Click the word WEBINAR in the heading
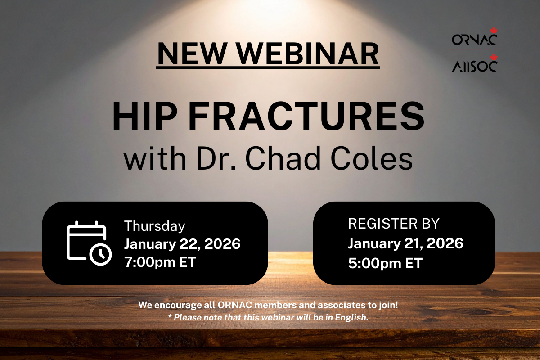coord(308,54)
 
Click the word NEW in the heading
coord(192,54)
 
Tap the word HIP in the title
coord(145,116)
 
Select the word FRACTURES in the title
coord(306,116)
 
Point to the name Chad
coord(283,158)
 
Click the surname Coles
coord(372,158)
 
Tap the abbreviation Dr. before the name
coord(216,158)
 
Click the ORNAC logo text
coord(474,40)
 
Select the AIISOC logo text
coord(474,66)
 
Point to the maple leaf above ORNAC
coord(494,31)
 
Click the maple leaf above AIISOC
coord(494,57)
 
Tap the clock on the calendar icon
coord(100,254)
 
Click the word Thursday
coord(154,226)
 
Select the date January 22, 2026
coord(182,244)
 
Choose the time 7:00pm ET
coord(160,262)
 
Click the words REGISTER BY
coord(394,224)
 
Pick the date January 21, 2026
coord(405,243)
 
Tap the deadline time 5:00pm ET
coord(385,263)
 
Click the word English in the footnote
coord(351,318)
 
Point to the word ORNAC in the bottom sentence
coord(235,305)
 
